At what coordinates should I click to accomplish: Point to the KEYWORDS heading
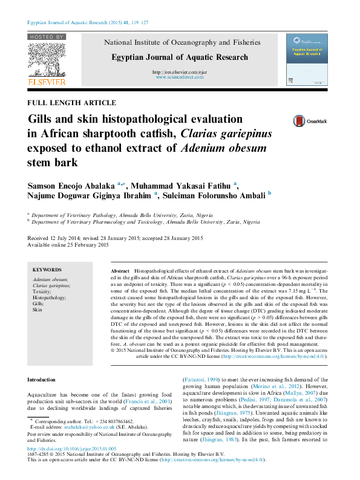pyautogui.click(x=47, y=270)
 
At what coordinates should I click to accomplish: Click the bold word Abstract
pyautogui.click(x=121, y=271)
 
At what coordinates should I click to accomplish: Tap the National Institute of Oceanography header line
pyautogui.click(x=183, y=43)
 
